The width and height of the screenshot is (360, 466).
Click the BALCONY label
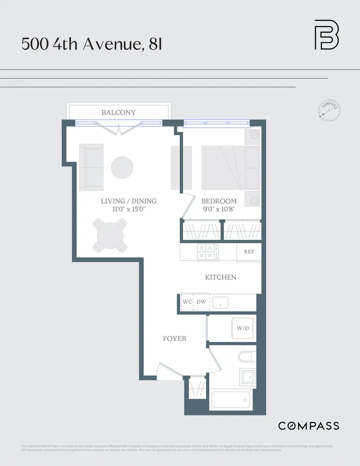118,112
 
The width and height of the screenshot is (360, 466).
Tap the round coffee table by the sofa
122,167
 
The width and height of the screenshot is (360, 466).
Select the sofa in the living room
91,167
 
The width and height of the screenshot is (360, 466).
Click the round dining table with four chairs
111,236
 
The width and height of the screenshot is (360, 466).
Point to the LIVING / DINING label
129,201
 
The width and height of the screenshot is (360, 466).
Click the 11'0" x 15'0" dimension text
129,209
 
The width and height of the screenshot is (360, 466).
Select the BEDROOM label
219,201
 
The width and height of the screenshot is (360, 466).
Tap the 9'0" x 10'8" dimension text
219,209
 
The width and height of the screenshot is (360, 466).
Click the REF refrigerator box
249,252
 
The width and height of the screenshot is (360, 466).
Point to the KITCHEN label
221,277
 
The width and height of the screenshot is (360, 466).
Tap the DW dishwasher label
201,302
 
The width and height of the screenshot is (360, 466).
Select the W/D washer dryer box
243,329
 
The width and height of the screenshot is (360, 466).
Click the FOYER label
175,338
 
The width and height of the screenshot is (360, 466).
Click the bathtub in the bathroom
231,400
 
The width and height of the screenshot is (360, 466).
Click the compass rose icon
329,110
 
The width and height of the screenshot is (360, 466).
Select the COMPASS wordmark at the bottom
308,425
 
